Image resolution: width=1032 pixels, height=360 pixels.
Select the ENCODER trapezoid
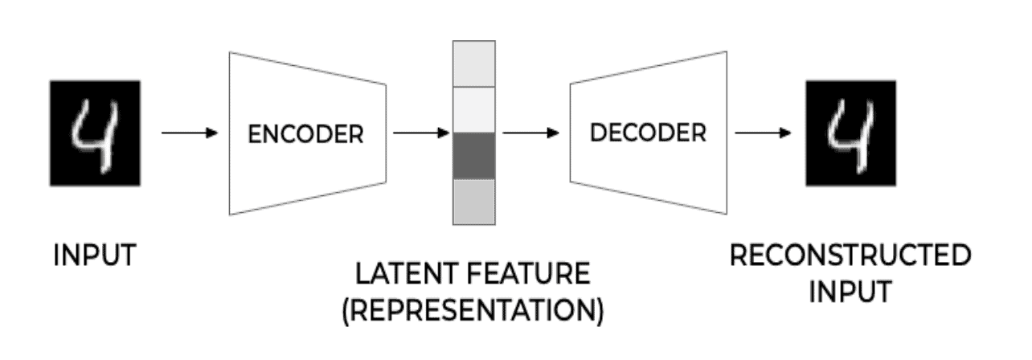click(305, 133)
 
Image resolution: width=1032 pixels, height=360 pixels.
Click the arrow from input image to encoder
click(190, 133)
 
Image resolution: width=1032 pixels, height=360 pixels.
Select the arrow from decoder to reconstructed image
click(763, 133)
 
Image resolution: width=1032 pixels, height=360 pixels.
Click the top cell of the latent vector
click(474, 64)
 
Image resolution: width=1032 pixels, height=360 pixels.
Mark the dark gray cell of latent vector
click(474, 156)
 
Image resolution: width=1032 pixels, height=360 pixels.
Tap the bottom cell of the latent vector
click(474, 202)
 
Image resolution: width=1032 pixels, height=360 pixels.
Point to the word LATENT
click(402, 276)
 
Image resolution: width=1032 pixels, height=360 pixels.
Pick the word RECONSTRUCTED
click(849, 256)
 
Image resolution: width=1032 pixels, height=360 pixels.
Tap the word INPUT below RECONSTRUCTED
click(849, 291)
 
